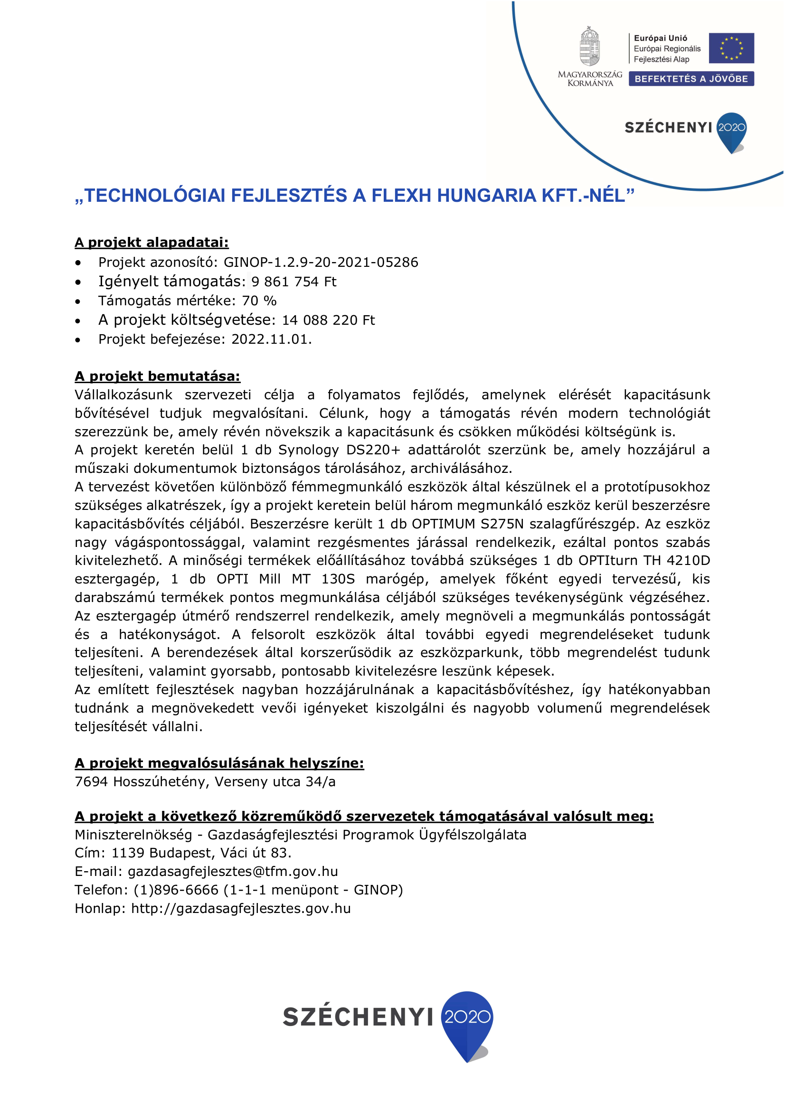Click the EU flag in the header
point(731,48)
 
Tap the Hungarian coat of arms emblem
point(590,47)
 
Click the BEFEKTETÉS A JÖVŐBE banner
point(690,79)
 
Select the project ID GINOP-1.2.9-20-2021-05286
point(321,262)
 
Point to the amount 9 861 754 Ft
point(293,282)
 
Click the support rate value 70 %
point(259,301)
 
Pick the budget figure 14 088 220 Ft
point(329,320)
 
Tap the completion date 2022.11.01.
point(271,339)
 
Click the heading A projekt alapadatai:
point(151,242)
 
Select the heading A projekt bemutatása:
point(157,376)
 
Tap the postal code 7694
point(91,782)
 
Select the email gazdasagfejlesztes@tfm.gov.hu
point(233,871)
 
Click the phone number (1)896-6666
point(176,890)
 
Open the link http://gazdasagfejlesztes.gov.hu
point(241,908)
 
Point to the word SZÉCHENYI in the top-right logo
point(668,128)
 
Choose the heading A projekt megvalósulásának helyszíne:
point(219,763)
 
